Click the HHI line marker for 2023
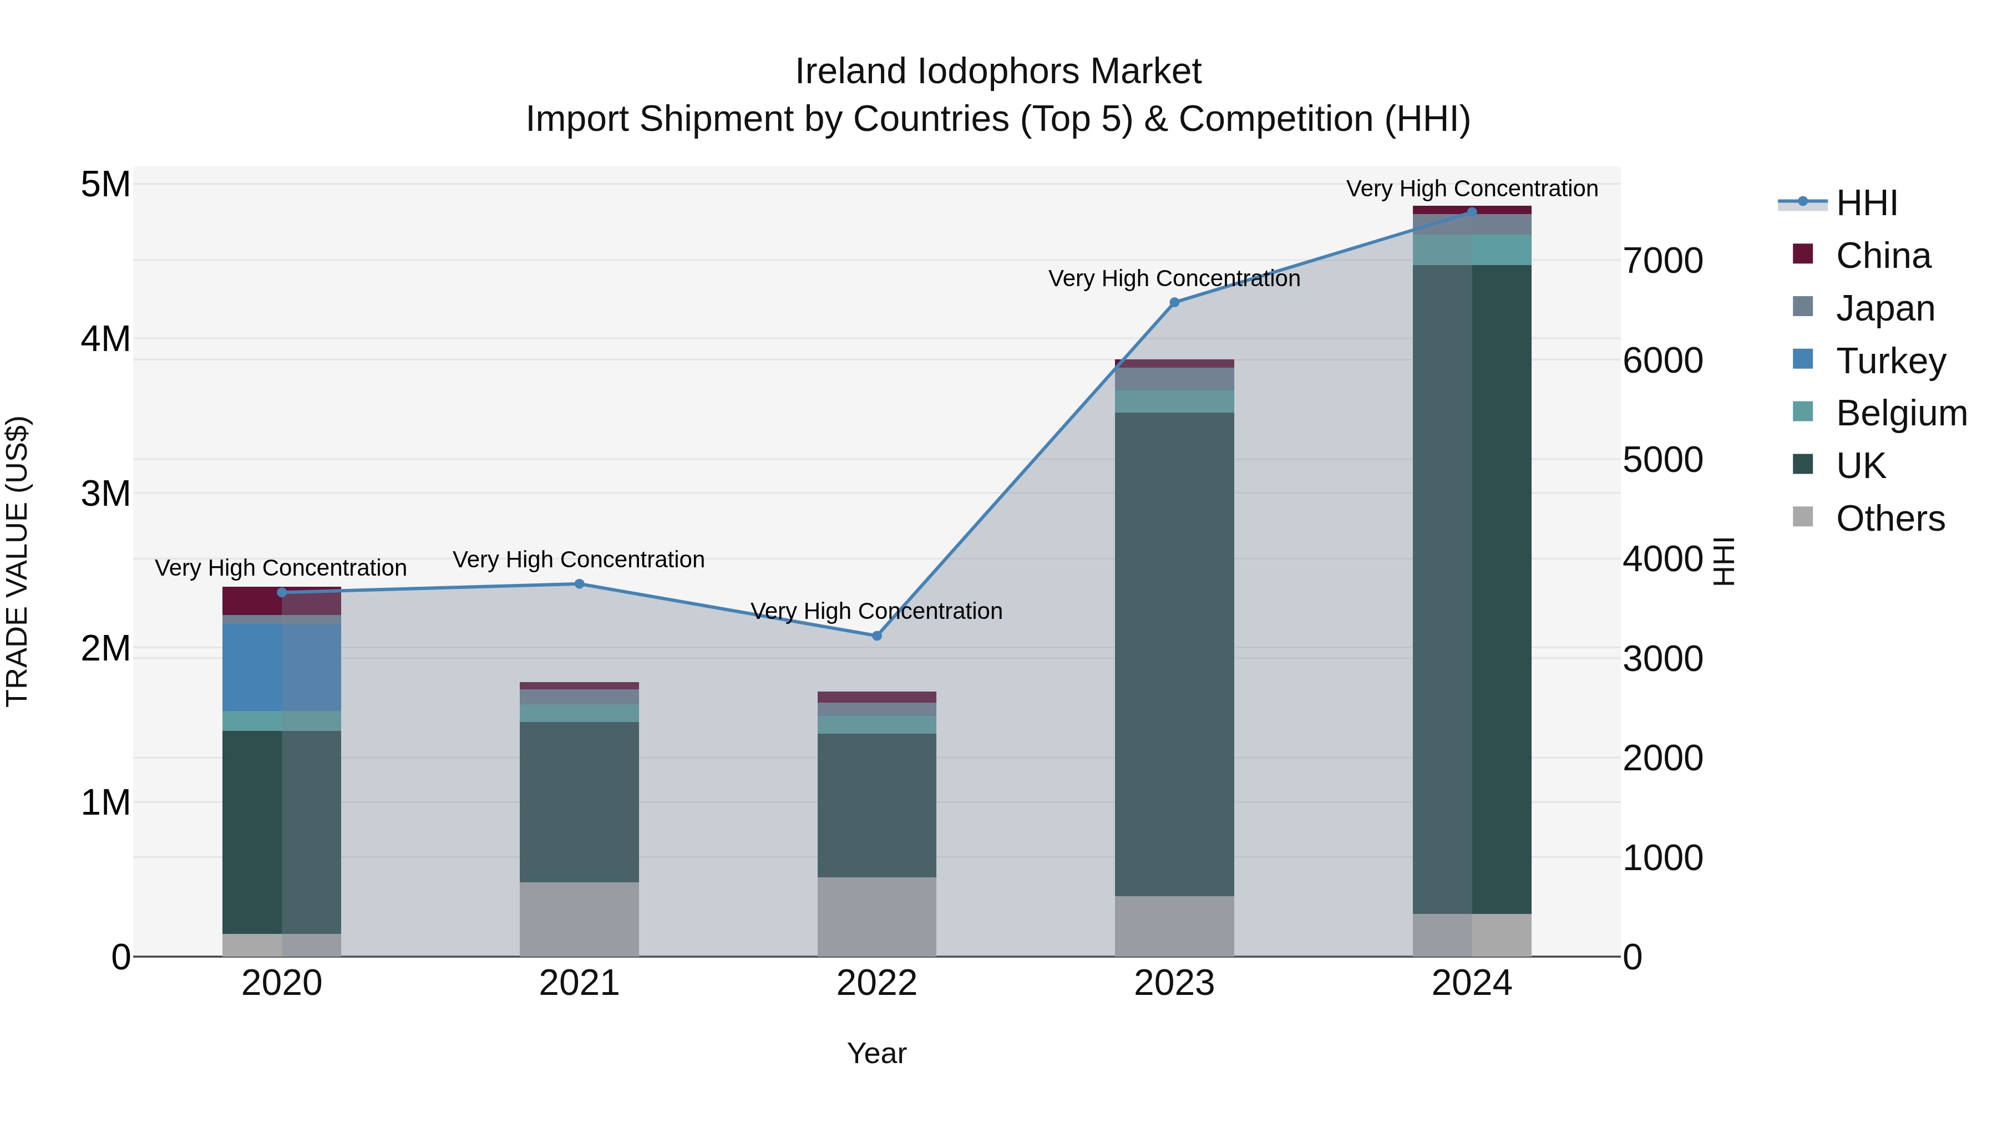(1174, 302)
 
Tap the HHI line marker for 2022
(877, 636)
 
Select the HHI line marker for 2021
(579, 583)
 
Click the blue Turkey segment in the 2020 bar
(281, 667)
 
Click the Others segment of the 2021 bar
(579, 918)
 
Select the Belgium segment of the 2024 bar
(1471, 250)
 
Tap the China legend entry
(1882, 256)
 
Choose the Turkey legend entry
(1890, 361)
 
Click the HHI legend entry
(1866, 203)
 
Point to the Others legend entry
(1889, 519)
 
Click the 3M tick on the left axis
(106, 494)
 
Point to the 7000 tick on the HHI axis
(1663, 261)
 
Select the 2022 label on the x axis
(877, 983)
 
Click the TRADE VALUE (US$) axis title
(17, 561)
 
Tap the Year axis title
(877, 1053)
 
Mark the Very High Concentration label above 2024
(1471, 189)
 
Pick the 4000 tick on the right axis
(1663, 560)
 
